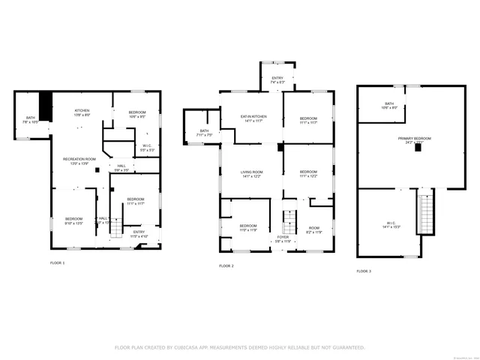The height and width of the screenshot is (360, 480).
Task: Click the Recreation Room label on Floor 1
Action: click(x=79, y=160)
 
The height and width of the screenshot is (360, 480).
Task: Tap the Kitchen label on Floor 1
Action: click(x=81, y=112)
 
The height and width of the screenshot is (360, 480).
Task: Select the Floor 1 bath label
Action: click(x=31, y=119)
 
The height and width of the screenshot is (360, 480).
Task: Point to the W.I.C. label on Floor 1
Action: click(x=148, y=148)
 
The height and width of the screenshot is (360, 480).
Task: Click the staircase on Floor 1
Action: click(x=115, y=229)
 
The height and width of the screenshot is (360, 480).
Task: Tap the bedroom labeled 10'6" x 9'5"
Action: click(x=137, y=113)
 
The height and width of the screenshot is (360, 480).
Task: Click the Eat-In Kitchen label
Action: click(x=253, y=118)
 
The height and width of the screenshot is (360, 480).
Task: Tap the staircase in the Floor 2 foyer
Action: click(x=286, y=222)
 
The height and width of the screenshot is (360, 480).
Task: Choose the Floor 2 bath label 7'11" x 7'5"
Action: click(x=204, y=133)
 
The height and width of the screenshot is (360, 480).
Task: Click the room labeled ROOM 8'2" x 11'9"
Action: click(x=313, y=229)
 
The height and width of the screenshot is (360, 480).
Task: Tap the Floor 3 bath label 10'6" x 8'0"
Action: click(x=389, y=106)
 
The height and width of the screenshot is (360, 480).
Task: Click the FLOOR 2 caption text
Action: click(x=226, y=266)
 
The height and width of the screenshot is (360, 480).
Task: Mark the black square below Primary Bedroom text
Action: click(x=418, y=148)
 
